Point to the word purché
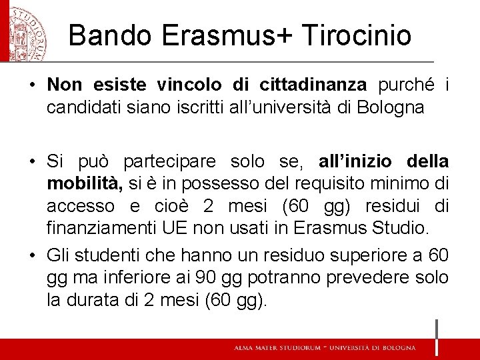(407, 85)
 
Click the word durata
(101, 300)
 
